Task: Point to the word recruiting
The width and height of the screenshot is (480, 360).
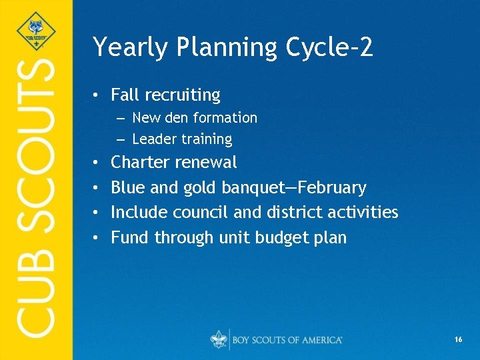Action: click(188, 96)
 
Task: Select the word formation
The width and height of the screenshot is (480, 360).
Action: click(225, 118)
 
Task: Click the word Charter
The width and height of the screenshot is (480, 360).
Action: click(139, 162)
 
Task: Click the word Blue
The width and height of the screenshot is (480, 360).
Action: click(128, 187)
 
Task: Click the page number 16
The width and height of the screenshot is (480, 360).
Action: click(458, 340)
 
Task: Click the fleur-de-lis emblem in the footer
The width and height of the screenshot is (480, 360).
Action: click(218, 339)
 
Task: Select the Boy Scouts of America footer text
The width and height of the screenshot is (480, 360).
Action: click(287, 340)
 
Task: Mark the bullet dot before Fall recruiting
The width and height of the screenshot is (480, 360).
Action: click(97, 96)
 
